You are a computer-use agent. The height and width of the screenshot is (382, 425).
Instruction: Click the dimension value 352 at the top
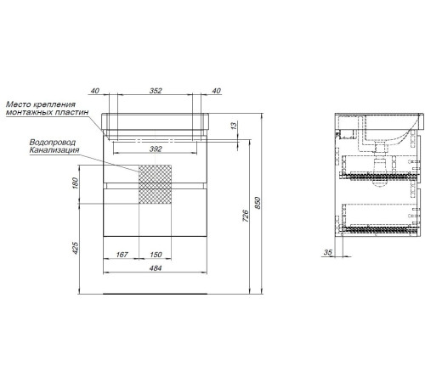pos(156,91)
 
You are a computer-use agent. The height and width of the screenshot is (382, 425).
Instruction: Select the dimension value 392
pos(156,149)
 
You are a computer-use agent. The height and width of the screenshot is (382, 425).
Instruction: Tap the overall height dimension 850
pos(258,203)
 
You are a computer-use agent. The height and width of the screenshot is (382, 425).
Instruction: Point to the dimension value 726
pos(246,216)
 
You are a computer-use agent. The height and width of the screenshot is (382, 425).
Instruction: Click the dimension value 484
pos(156,268)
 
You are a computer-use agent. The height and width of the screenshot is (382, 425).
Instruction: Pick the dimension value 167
pos(122,255)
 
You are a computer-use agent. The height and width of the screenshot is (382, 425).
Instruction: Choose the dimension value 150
pos(156,255)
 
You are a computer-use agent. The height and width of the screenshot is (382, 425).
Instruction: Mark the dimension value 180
pos(75,183)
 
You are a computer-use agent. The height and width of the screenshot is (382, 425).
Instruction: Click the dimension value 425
pos(75,248)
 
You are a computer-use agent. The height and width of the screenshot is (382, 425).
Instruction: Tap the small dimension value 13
pos(234,126)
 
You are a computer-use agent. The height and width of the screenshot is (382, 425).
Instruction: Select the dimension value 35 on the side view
pos(327,252)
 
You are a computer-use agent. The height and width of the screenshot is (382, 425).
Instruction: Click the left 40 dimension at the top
pos(95,91)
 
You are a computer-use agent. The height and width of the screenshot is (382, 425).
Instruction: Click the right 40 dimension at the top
pos(216,91)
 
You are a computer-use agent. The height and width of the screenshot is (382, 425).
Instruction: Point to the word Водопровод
pos(53,143)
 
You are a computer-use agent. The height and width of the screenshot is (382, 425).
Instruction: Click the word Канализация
pos(54,150)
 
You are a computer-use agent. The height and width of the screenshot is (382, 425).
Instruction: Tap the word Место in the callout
pos(17,104)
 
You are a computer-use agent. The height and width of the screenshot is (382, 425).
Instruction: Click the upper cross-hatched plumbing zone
pos(155,174)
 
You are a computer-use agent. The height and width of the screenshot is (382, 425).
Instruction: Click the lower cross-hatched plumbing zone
pos(155,196)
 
